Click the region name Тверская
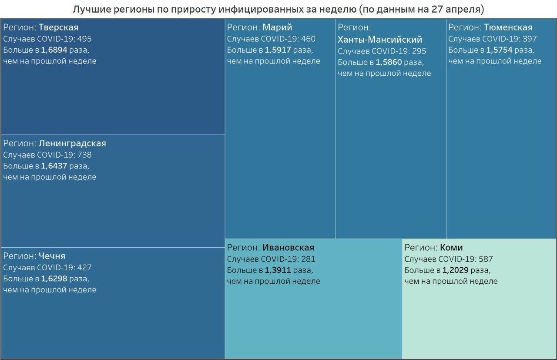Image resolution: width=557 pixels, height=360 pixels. coord(58,27)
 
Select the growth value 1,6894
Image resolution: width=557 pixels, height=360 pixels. coord(54,50)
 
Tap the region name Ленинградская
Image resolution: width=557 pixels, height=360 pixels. coord(72,143)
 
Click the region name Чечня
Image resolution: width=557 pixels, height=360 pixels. coord(52,256)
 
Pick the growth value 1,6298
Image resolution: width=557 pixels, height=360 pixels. coord(54,279)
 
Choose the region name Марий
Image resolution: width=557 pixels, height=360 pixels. coord(277,27)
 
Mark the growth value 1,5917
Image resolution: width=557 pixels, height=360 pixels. coord(278,50)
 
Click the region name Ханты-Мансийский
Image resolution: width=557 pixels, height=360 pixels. coord(380,40)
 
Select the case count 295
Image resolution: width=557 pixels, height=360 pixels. coord(419,51)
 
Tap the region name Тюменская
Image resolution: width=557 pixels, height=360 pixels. coord(508,27)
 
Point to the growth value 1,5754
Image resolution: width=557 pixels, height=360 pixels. coord(500,50)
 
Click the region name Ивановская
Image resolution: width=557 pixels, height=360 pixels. coord(288,248)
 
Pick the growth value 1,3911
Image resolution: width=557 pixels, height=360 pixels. coord(278,270)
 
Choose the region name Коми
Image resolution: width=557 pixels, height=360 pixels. coord(451,248)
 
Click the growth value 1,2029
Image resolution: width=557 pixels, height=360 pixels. coord(456,270)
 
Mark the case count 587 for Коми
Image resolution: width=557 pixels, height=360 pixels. coord(486,259)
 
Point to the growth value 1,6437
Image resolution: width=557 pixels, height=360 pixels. coord(54,166)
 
